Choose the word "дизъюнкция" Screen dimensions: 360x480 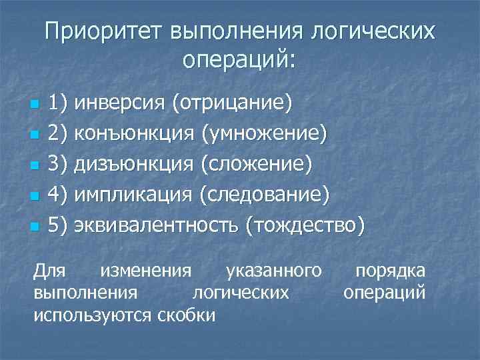[x=134, y=164]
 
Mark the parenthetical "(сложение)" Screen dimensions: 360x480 [x=256, y=164]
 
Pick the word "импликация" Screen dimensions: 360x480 [x=133, y=195]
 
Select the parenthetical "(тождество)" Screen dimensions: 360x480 [x=305, y=225]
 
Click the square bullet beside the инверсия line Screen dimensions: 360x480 [x=35, y=105]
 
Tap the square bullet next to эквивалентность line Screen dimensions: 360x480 [x=35, y=227]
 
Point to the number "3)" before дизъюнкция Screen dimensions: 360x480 [x=58, y=164]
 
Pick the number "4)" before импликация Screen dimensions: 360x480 [x=58, y=195]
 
